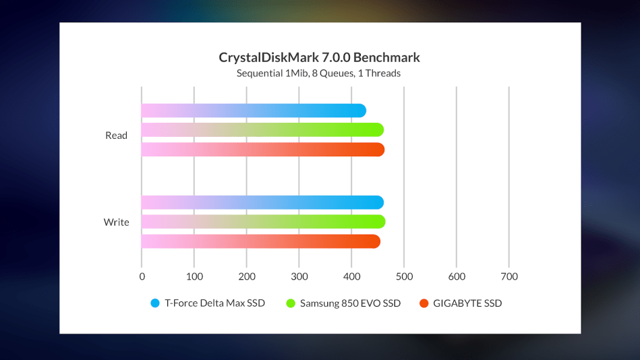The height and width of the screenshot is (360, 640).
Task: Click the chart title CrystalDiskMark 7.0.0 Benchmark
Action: coord(319,57)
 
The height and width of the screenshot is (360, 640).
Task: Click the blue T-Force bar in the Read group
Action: coord(254,111)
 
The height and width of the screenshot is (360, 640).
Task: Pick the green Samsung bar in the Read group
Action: coord(262,130)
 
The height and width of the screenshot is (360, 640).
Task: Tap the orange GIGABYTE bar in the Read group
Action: coord(263,150)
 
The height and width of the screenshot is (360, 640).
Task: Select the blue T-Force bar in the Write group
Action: coord(262,202)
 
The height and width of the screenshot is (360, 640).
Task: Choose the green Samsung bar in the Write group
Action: coord(263,222)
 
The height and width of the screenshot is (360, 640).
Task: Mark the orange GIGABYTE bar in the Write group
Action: coord(260,241)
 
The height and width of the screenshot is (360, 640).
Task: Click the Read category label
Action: coord(116,136)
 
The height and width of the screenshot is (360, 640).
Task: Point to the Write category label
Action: coord(116,222)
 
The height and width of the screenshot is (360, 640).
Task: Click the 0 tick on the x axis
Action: coord(142,276)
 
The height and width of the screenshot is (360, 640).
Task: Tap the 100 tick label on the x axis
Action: coord(194,276)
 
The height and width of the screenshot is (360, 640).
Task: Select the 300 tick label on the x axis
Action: coord(299,276)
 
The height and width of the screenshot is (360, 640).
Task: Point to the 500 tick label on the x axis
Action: coord(404,276)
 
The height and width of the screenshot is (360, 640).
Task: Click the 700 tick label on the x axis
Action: coord(509,276)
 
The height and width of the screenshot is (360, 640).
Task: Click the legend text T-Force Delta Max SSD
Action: coord(215,303)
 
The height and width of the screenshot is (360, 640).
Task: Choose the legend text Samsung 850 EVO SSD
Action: coord(351,303)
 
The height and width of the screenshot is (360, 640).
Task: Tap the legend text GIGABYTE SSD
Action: coord(468,303)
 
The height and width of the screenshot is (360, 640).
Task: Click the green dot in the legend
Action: coord(291,303)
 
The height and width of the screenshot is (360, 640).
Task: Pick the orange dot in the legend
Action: coord(424,303)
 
